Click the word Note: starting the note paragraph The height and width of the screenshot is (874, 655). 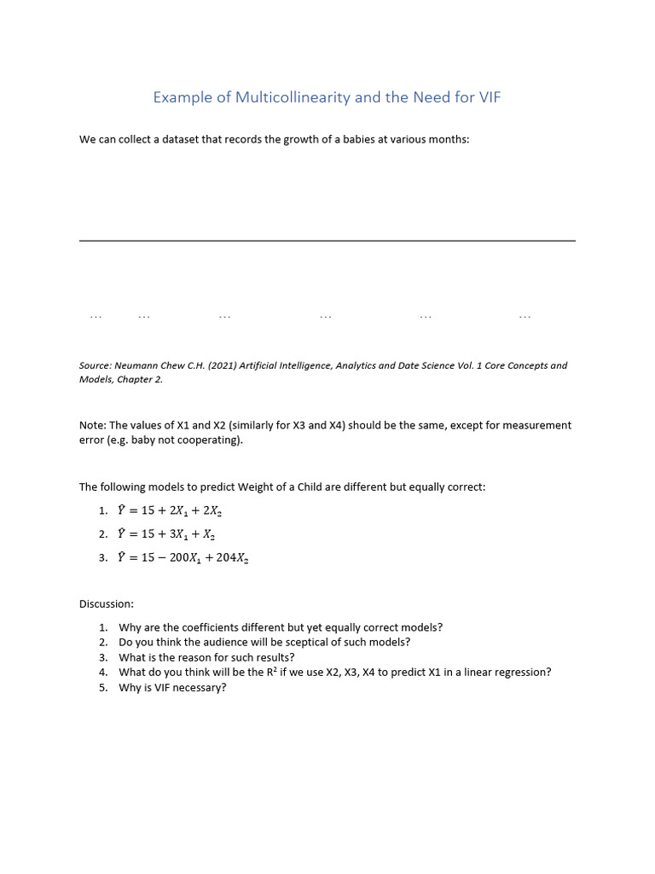coord(93,425)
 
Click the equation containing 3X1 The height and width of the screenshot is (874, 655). coord(166,534)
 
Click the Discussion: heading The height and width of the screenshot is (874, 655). coord(107,603)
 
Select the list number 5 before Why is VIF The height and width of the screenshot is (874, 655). coord(102,687)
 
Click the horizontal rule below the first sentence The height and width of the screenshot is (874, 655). coord(327,241)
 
